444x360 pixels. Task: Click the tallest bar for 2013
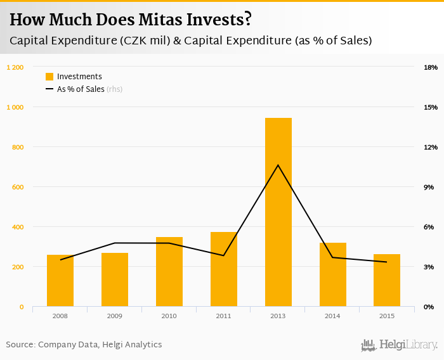[x=278, y=212]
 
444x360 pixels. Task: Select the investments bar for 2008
[x=60, y=281]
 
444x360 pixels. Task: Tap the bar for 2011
[x=223, y=269]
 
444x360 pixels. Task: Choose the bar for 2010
[x=169, y=272]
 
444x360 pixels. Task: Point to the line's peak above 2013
[x=278, y=165]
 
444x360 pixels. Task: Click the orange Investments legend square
[x=49, y=77]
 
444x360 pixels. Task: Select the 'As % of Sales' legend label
[x=81, y=89]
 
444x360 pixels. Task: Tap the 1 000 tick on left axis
[x=15, y=107]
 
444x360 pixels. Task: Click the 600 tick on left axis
[x=17, y=187]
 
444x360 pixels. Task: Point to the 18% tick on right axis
[x=430, y=67]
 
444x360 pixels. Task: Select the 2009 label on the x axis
[x=115, y=316]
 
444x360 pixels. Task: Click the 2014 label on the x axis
[x=332, y=316]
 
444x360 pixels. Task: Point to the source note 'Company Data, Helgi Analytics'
[x=100, y=345]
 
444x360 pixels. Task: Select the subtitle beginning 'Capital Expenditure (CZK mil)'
[x=190, y=41]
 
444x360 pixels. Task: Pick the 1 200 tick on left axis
[x=15, y=67]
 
